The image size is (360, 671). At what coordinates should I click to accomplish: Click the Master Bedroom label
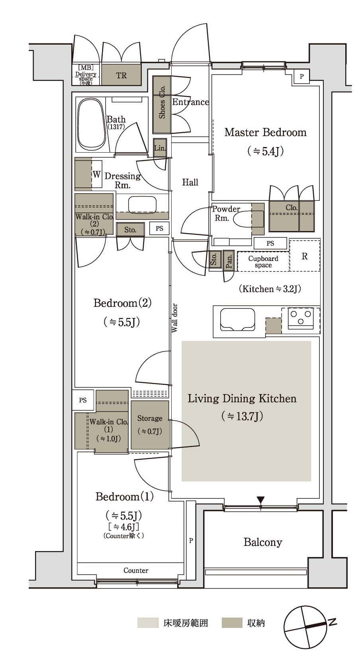tap(265, 132)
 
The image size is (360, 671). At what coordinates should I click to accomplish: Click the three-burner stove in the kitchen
tap(300, 317)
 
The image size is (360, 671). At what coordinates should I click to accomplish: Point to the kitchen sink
tap(238, 319)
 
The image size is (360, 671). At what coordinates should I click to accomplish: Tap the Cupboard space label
tap(263, 262)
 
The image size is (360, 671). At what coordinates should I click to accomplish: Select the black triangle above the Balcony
tap(260, 500)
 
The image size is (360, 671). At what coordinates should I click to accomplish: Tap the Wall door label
tap(174, 318)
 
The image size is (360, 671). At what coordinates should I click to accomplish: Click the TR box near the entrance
tap(121, 75)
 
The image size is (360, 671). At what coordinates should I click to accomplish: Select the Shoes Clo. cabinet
tap(162, 104)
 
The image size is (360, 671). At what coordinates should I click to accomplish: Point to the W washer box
tap(97, 175)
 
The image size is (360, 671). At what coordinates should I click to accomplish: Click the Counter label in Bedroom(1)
tap(136, 570)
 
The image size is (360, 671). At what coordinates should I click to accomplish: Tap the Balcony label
tap(263, 542)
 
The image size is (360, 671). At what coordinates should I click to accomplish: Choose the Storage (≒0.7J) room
tap(150, 425)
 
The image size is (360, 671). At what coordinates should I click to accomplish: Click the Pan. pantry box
tap(229, 261)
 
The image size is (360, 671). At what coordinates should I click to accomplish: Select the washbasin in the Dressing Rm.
tap(142, 204)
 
